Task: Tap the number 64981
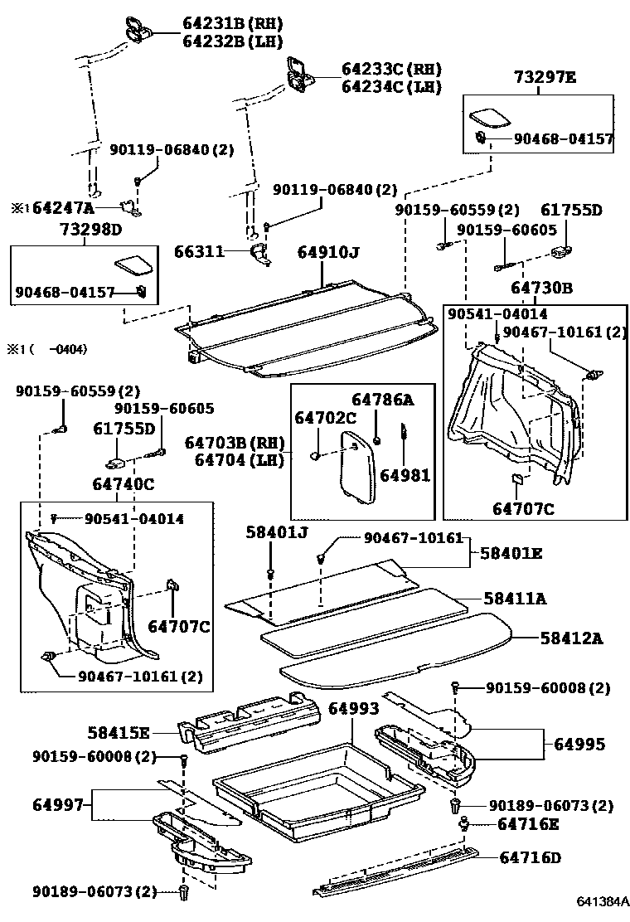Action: pos(405,475)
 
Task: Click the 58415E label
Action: pos(119,732)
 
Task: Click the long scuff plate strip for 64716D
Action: pos(398,871)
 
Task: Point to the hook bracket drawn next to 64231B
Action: pos(136,28)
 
